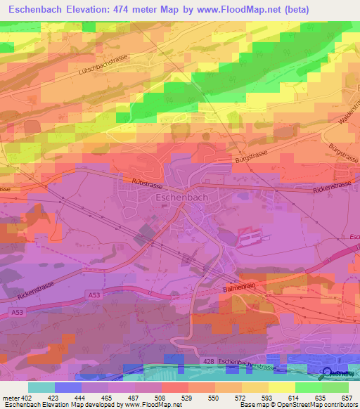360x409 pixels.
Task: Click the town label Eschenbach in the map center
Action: click(x=179, y=198)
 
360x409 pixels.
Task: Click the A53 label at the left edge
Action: click(x=18, y=311)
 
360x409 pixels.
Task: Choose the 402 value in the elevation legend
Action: click(x=27, y=397)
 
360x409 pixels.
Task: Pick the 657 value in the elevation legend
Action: click(x=348, y=397)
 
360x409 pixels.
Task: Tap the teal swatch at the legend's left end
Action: click(x=41, y=387)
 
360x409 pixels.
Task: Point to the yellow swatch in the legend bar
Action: click(x=281, y=387)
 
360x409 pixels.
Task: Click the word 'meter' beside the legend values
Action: click(x=11, y=397)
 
